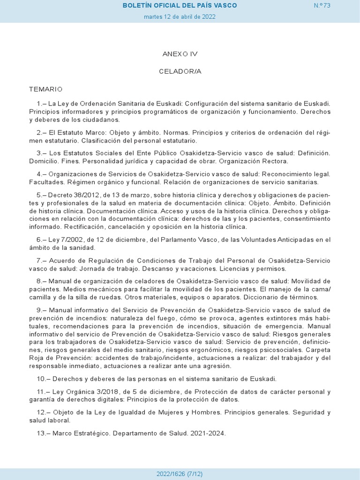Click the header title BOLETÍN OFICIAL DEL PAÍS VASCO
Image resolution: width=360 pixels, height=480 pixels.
pyautogui.click(x=180, y=5)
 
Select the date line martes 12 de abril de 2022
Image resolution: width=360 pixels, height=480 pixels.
pyautogui.click(x=180, y=16)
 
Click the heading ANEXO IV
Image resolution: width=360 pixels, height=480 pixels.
pyautogui.click(x=180, y=54)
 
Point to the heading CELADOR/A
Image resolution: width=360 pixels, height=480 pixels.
pyautogui.click(x=180, y=71)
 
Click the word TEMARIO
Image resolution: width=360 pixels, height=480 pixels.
pyautogui.click(x=45, y=89)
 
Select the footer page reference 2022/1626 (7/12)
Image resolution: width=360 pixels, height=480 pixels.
pyautogui.click(x=180, y=474)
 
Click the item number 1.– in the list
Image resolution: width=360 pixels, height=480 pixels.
pyautogui.click(x=41, y=103)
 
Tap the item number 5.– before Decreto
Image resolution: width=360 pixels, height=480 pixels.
pyautogui.click(x=42, y=195)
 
